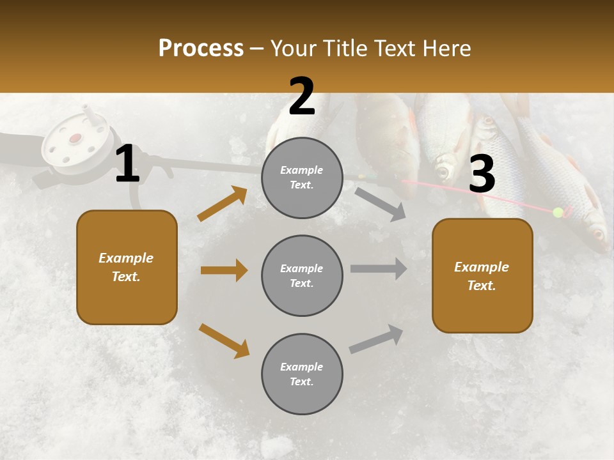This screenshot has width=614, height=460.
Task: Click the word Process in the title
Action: coord(201,48)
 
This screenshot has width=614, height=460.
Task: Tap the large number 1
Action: coord(127,164)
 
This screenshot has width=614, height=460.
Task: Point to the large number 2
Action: coord(302,97)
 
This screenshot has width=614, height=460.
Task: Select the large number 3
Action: coord(482,174)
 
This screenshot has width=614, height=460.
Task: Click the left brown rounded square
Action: coord(127,267)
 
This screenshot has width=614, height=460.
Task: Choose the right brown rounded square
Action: coord(482,276)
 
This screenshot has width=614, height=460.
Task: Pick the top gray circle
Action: coord(302,178)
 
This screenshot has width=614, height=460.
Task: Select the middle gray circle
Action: coord(302,275)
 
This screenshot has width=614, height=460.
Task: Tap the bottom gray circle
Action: coord(302,374)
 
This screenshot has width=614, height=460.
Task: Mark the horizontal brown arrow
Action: coord(224,270)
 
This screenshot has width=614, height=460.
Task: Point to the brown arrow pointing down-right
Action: coord(224,341)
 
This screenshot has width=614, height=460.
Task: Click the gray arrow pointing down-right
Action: coord(380,204)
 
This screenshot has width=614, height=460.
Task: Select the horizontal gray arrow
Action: coord(378,268)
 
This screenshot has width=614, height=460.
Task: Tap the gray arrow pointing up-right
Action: coord(376,339)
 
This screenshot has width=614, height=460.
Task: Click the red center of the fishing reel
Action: coord(75,138)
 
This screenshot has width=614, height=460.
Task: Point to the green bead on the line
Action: coord(558,212)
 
